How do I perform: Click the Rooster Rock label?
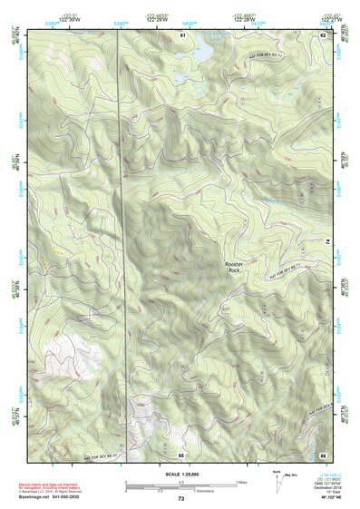pos(234,266)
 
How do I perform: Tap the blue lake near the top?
pos(198,54)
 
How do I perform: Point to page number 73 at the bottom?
pos(180,499)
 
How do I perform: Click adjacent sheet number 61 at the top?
pos(182,34)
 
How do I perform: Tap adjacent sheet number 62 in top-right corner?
pos(322,34)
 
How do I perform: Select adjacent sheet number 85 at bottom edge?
pos(181,453)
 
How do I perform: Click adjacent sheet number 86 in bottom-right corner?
pos(322,453)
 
